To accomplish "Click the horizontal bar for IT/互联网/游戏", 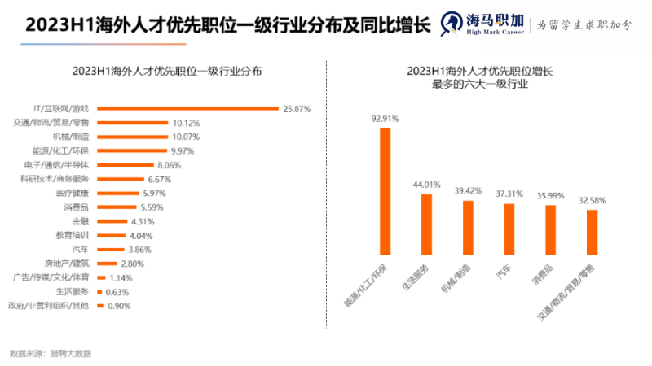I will (187, 108).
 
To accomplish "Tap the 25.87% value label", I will (296, 108).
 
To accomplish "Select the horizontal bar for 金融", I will (111, 220).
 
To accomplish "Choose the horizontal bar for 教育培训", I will (110, 235).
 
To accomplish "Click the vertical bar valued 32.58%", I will (592, 232).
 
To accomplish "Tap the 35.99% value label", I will (550, 196).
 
